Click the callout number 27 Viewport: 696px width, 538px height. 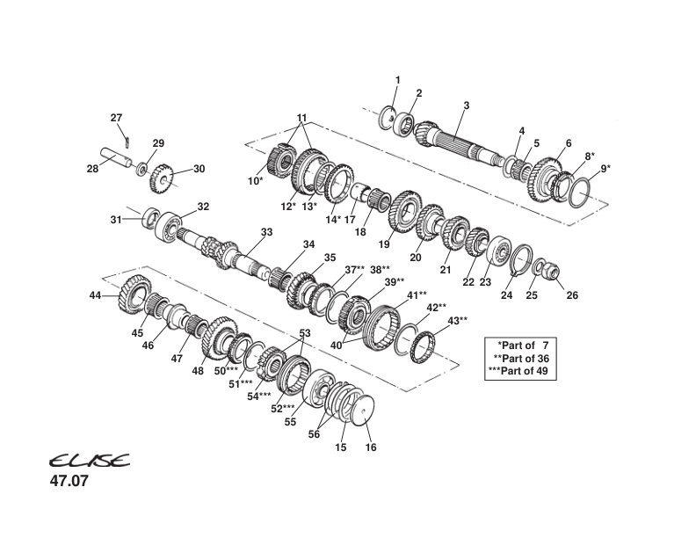pos(116,118)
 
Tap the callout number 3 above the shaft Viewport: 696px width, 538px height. pos(467,105)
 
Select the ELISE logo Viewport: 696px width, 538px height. pos(88,462)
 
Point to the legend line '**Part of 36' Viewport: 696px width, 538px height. pos(521,358)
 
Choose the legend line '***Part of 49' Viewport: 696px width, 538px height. pos(521,371)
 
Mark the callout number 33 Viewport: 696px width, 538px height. pos(267,232)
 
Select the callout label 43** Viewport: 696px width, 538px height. pos(458,320)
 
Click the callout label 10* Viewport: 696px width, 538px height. pos(255,181)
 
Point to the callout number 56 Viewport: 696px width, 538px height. pos(314,433)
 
